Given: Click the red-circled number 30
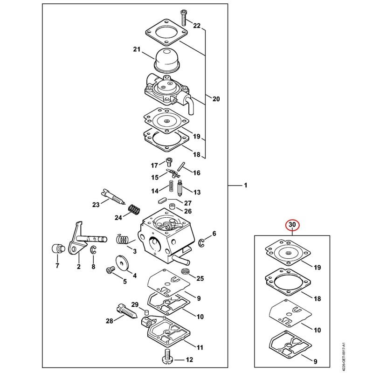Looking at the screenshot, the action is coord(292,225).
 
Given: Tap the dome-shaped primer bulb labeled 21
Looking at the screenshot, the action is coord(166,60).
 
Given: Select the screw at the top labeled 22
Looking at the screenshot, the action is coord(183,17).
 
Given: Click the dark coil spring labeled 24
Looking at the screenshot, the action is coord(134,209).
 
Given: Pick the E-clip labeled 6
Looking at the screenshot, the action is coord(201,242).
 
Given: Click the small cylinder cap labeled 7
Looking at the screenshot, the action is coord(58,249).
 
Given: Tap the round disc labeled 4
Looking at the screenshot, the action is coord(122,263).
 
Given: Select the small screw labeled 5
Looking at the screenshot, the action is coord(110,271).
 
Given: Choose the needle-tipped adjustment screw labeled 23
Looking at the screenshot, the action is coord(113,196).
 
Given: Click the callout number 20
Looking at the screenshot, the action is coord(216,99).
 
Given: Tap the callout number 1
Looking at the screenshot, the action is coord(246,185).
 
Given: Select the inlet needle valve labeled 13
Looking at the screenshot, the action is coord(180,188).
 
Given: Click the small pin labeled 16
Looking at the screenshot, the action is coord(181,166).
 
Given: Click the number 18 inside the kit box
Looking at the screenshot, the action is coord(318,298).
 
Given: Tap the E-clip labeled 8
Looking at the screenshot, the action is coord(93,250).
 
